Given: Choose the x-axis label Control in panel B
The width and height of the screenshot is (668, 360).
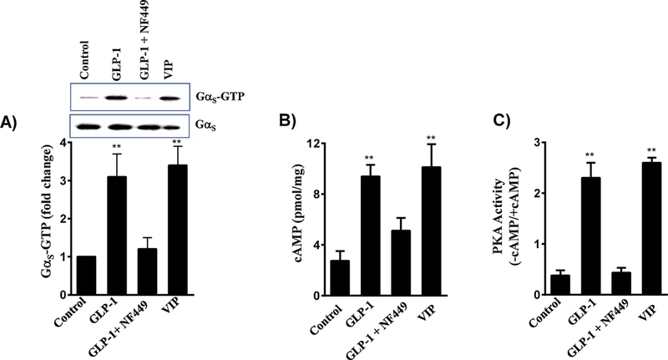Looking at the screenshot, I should point(342,321).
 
